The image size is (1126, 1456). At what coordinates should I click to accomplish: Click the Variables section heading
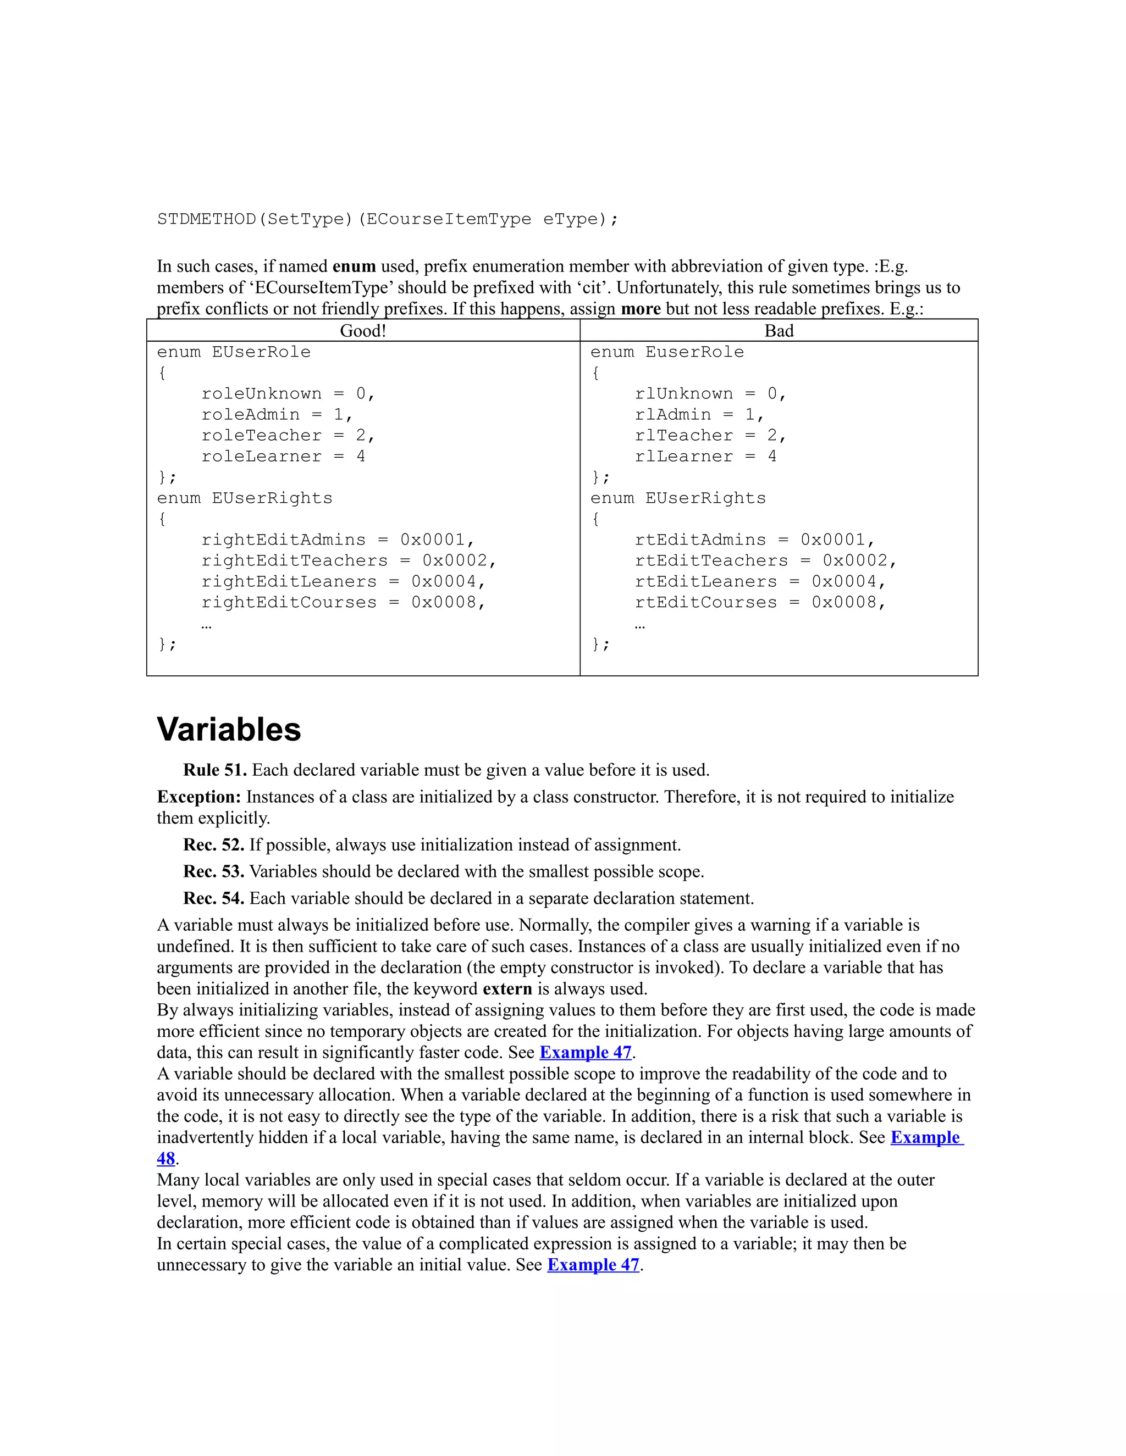[x=229, y=729]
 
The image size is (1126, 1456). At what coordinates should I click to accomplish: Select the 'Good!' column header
[x=363, y=331]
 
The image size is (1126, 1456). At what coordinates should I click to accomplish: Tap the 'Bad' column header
[x=779, y=331]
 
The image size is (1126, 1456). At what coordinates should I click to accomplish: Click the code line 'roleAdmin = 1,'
[x=277, y=415]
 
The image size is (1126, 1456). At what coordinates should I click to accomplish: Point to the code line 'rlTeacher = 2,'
[x=710, y=435]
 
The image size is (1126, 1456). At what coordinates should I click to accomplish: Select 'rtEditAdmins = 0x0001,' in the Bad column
[x=754, y=540]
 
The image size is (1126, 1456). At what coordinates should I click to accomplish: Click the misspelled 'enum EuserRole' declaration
[x=666, y=352]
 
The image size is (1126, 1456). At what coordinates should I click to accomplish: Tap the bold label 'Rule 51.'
[x=215, y=770]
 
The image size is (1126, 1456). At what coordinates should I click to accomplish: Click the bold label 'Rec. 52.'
[x=213, y=844]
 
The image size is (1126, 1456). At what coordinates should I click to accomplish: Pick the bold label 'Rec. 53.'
[x=213, y=871]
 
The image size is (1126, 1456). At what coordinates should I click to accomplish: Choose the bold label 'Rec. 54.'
[x=213, y=898]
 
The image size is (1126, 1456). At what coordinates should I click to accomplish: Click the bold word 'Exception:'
[x=199, y=797]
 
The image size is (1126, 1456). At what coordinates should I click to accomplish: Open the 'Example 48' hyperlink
[x=926, y=1137]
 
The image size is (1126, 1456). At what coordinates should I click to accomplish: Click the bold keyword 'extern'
[x=507, y=988]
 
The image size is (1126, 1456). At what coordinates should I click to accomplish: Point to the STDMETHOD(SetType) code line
[x=388, y=219]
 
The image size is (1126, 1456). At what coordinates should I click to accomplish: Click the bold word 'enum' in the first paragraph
[x=354, y=266]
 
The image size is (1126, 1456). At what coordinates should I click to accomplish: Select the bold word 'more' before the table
[x=641, y=309]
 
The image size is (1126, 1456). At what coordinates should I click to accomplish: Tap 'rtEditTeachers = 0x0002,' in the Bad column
[x=766, y=560]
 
